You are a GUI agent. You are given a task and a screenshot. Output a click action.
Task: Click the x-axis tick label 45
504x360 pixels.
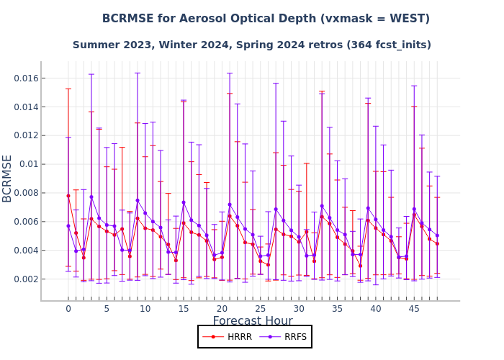414,309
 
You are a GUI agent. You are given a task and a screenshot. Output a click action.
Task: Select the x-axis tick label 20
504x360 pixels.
222,309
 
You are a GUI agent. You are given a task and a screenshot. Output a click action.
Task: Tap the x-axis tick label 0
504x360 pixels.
68,309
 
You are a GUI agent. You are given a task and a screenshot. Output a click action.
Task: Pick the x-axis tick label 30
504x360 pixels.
299,309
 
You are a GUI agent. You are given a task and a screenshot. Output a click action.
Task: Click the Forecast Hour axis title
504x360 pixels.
252,321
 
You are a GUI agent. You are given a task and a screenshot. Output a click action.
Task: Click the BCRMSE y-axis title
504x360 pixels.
8,179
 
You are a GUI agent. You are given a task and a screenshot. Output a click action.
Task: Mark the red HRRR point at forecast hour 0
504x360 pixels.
68,196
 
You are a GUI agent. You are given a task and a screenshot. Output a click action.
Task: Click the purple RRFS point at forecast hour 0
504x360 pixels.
68,226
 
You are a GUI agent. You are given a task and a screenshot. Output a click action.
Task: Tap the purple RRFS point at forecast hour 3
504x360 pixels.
91,197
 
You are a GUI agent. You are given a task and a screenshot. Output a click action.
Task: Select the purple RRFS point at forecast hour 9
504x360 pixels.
138,200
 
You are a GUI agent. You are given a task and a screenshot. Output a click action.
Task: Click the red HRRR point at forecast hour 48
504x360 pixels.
437,243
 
